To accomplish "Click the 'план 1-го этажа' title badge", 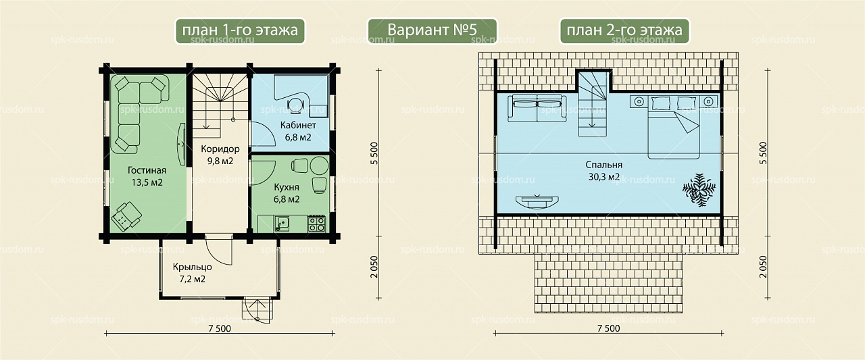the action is click(240, 31).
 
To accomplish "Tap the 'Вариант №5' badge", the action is click(432, 31).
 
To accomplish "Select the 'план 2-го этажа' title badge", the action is click(624, 31).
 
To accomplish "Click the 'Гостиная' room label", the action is click(147, 171).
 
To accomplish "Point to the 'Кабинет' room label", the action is click(298, 126).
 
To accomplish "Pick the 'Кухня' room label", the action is click(287, 188).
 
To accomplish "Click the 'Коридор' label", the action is click(220, 149).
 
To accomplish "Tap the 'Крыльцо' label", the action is click(193, 267).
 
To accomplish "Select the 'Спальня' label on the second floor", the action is click(604, 165).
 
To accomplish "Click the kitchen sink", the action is click(282, 224).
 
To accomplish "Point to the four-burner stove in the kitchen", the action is click(316, 224).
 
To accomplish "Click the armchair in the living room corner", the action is click(126, 217).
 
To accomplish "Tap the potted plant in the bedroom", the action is click(699, 190).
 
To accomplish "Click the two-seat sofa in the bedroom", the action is click(537, 109).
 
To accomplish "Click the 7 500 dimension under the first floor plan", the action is click(220, 328).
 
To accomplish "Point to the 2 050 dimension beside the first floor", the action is click(374, 267).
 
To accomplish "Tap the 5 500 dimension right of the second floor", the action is click(763, 153).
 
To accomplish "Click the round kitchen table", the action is click(320, 166).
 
